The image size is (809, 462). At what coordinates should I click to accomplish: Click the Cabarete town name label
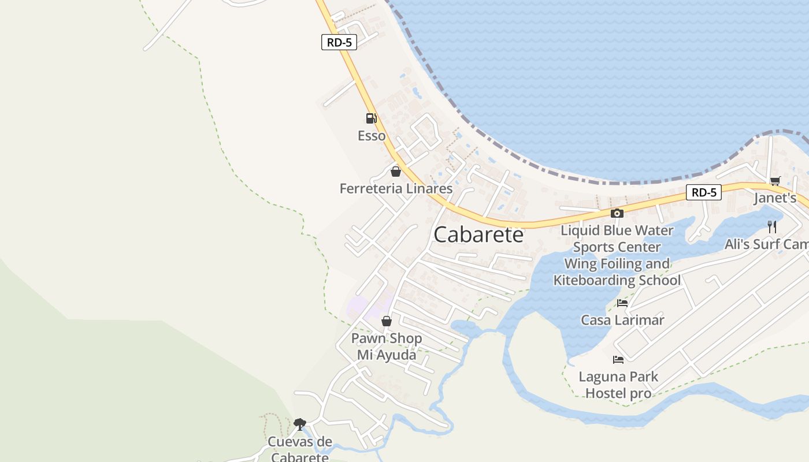point(478,234)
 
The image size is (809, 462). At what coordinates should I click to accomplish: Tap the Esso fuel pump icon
point(371,118)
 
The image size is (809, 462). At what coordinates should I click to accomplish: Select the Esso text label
point(372,136)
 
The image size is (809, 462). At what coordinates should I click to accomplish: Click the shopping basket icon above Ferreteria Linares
point(396,172)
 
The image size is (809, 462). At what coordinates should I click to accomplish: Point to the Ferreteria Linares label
point(396,189)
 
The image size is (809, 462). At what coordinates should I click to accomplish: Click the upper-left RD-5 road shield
point(339,42)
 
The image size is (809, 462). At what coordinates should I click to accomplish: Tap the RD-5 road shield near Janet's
point(704,192)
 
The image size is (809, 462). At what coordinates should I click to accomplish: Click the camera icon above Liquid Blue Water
point(617,214)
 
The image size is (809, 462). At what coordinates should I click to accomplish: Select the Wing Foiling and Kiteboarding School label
point(617,272)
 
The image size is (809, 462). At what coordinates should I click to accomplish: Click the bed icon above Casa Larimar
point(622,303)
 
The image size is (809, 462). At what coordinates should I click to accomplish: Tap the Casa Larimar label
point(622,320)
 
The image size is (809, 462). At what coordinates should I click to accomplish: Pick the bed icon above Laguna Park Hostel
point(618,360)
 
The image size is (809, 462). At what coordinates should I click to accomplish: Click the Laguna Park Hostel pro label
point(618,385)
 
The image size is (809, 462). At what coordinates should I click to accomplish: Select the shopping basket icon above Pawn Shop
point(387,321)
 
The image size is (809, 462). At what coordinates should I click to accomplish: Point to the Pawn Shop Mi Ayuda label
point(387,346)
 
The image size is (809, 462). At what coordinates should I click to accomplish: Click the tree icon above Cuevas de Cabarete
point(299,424)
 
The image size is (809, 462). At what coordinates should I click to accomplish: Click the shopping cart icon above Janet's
point(775,181)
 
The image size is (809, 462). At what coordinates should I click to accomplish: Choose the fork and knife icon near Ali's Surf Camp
point(772,227)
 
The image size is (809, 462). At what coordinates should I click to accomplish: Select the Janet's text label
point(775,198)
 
